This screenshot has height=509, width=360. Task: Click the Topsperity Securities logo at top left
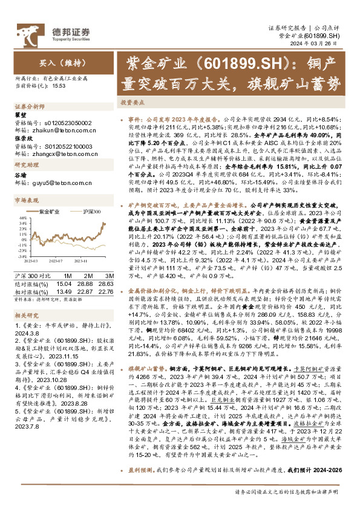pos(67,31)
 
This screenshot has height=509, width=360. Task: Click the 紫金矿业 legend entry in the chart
pos(50,212)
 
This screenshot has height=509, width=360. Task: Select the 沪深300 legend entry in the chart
pos(90,212)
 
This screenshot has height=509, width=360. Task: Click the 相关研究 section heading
pos(27,315)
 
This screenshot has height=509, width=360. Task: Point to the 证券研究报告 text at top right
pos(287,28)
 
